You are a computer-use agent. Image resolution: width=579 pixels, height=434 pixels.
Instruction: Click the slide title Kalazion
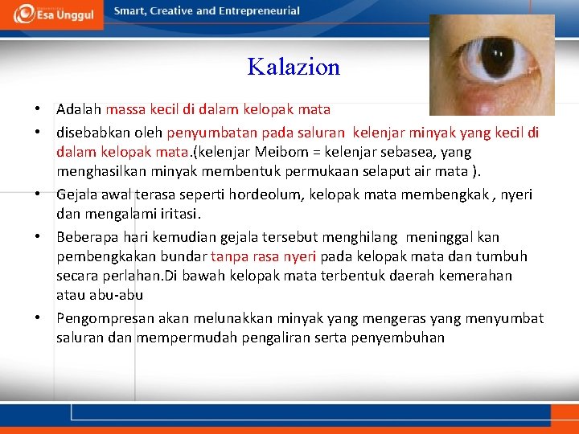[x=294, y=67]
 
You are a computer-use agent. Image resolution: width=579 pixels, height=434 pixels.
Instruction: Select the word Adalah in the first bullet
[x=79, y=108]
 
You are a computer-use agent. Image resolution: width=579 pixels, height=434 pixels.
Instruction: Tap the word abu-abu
[x=113, y=295]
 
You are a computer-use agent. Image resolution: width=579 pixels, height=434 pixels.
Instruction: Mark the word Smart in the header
[x=131, y=11]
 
